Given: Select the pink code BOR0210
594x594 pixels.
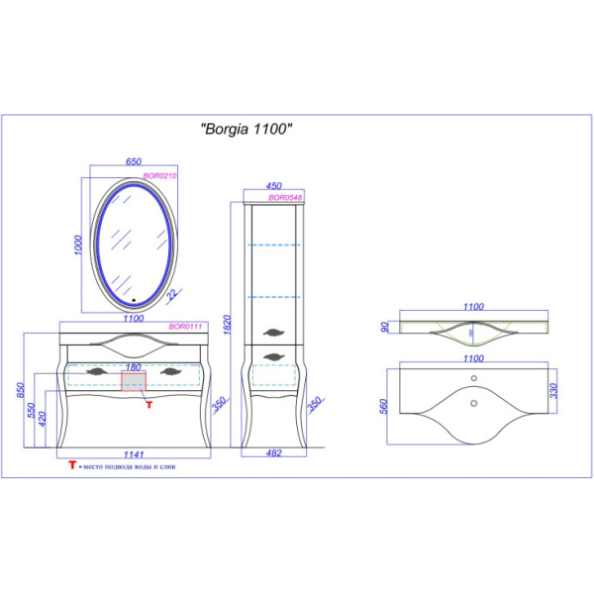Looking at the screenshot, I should [159, 175].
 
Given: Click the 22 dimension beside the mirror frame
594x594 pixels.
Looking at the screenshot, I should [171, 294].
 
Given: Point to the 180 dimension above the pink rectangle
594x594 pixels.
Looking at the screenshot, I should [133, 365].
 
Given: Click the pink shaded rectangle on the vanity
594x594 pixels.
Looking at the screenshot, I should [133, 380].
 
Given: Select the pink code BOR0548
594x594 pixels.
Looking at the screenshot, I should [284, 197].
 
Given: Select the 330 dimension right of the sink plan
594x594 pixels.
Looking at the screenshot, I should [562, 386].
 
